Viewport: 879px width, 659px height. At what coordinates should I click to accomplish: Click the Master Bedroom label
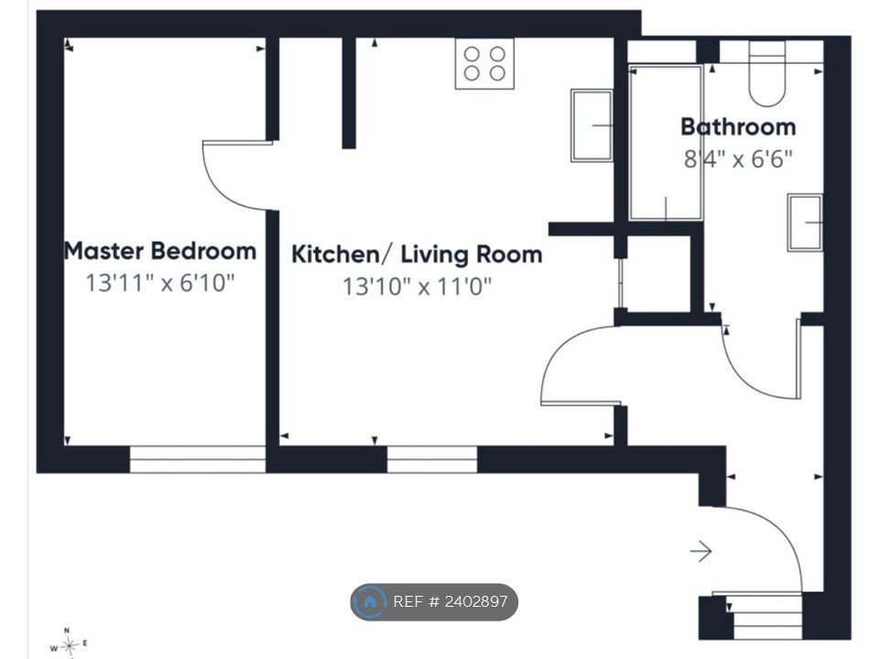[160, 251]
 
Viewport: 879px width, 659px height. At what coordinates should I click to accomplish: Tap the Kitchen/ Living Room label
[417, 254]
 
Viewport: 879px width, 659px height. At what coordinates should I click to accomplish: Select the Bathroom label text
[738, 126]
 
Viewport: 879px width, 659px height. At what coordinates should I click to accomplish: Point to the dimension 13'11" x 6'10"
[159, 283]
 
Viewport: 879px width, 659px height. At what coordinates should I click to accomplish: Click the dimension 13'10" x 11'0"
[417, 286]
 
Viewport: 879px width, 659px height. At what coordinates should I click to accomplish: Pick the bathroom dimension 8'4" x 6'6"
[738, 159]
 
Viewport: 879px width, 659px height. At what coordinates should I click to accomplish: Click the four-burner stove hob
[484, 63]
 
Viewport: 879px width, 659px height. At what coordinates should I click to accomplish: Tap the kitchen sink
[592, 125]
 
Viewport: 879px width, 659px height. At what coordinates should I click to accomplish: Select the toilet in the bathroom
[767, 73]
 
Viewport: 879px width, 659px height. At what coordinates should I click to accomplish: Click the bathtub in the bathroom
[666, 143]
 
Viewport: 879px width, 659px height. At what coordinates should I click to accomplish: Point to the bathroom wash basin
[805, 222]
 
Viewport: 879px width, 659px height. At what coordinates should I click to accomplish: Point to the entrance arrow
[700, 551]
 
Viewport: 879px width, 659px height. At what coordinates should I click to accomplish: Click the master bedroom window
[198, 459]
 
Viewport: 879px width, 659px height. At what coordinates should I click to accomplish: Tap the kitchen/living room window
[431, 459]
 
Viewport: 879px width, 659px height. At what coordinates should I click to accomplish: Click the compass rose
[69, 644]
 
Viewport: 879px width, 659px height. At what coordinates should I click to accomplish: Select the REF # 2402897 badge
[434, 602]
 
